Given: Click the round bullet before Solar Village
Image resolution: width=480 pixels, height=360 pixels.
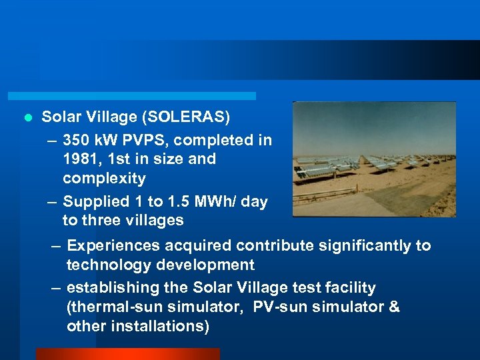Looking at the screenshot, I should pyautogui.click(x=27, y=119).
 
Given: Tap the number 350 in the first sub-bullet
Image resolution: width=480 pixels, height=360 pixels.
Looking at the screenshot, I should pyautogui.click(x=77, y=140).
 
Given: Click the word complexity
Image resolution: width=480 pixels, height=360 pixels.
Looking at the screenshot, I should pyautogui.click(x=103, y=179).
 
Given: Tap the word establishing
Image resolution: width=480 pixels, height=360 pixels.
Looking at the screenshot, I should pyautogui.click(x=109, y=288).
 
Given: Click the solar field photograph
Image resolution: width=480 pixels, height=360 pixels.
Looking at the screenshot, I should pyautogui.click(x=374, y=159).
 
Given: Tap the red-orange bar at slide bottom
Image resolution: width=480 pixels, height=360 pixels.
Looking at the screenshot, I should pyautogui.click(x=127, y=353).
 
